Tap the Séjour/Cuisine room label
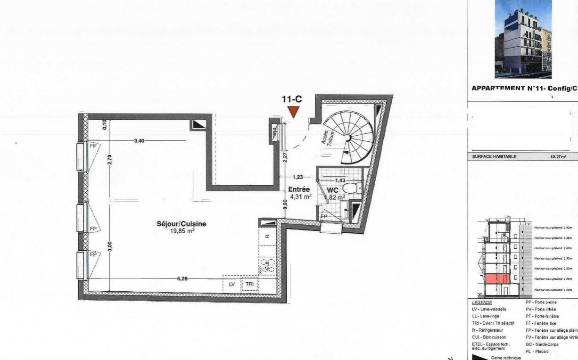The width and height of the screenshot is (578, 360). [x=175, y=224]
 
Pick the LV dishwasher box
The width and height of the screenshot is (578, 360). [x=231, y=285]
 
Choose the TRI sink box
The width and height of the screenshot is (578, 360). [x=249, y=285]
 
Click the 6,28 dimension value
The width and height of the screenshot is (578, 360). [x=182, y=278]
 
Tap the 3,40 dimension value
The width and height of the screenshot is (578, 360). [x=139, y=140]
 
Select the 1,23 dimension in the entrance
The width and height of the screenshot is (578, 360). [x=297, y=178]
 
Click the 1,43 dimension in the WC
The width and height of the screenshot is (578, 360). [x=340, y=180]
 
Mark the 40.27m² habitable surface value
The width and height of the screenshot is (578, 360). [x=558, y=156]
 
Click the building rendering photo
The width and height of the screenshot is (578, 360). [x=523, y=39]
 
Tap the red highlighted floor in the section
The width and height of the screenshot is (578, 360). [x=496, y=279]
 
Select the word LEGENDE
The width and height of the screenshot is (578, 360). [x=482, y=303]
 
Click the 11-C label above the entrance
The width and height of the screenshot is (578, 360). [x=292, y=99]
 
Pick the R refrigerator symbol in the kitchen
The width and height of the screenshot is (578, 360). [x=267, y=236]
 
